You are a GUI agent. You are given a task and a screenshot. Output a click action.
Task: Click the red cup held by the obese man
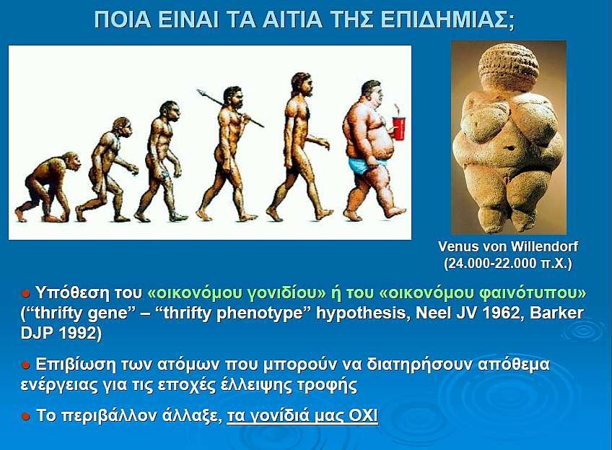398,128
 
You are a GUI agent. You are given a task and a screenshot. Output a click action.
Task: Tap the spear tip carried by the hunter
201,92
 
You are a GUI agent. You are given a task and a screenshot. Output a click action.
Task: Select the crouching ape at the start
47,186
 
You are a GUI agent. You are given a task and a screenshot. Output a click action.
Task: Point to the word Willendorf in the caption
544,247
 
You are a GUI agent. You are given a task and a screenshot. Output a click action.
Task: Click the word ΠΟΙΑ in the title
123,20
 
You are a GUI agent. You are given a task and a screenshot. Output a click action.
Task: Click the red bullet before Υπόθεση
26,293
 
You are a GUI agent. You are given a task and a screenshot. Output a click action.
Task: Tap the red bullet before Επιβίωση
26,365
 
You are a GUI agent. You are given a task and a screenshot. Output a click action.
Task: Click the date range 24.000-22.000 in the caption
490,263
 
